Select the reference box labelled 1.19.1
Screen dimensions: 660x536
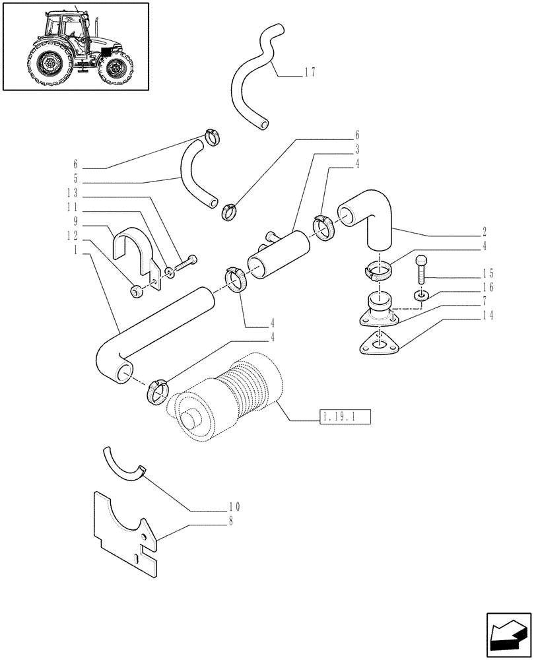coord(345,416)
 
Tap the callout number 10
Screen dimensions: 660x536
coord(234,507)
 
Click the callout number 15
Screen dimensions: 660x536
coord(486,273)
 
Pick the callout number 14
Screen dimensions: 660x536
coord(486,315)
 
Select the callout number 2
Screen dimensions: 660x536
coord(485,232)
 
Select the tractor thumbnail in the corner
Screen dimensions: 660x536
coord(75,46)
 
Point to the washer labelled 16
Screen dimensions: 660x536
coord(420,294)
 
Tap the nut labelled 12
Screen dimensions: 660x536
coord(136,291)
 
